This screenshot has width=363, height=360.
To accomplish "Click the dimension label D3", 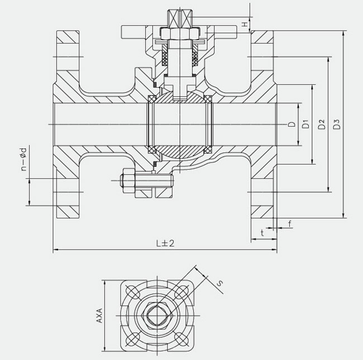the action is pos(337,124).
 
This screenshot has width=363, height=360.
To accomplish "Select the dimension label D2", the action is pos(322,124).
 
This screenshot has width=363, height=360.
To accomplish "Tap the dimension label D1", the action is pos(306,124).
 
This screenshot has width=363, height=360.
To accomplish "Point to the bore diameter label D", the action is pos(292,124).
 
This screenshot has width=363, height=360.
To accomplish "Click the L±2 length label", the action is pos(165,243).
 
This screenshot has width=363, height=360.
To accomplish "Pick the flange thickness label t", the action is pos(262,233).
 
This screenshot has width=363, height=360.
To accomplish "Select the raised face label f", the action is pos(290,224).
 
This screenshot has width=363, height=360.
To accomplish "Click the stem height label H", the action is pos(245,24).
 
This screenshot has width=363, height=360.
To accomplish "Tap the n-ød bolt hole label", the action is pos(23,159).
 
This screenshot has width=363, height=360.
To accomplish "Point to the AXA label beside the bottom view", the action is pos(99,315).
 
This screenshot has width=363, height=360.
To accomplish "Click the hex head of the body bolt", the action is pos(127,180).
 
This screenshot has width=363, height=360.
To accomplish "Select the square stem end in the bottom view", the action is pos(157,315).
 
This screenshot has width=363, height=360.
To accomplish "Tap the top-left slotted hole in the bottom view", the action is pos(132,292).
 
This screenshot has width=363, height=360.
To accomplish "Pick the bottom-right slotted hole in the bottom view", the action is pos(182,339).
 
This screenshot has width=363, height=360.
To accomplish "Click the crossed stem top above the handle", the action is pos(180,18).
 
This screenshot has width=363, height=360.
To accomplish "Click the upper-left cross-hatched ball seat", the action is pos(152,99).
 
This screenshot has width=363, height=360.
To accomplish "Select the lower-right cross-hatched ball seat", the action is pos(208,150).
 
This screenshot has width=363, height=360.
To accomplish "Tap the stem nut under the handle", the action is pos(180,34).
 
